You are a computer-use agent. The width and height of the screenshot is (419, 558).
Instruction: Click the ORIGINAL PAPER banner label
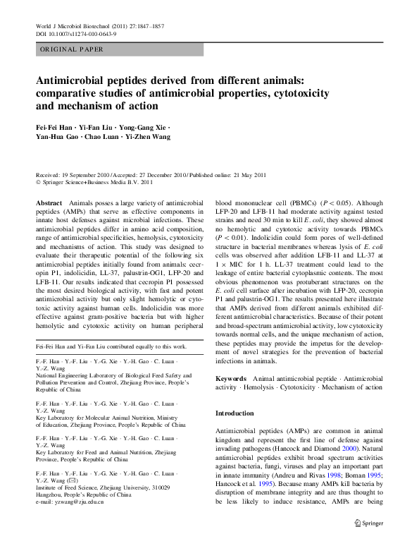pyautogui.click(x=71, y=49)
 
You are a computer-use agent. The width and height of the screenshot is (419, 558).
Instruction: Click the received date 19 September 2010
pyautogui.click(x=91, y=174)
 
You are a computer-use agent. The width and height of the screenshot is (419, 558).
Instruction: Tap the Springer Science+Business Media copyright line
pyautogui.click(x=97, y=181)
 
